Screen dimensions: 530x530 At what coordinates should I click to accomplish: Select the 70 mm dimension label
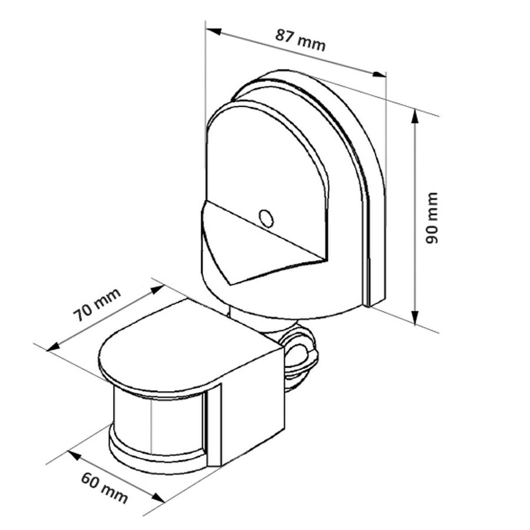97,304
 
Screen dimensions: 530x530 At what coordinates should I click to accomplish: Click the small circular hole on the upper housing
266,218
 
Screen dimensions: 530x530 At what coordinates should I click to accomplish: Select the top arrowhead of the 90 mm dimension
414,118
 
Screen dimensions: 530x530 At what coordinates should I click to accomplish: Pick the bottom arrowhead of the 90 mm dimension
414,317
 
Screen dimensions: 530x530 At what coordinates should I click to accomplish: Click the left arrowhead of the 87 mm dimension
214,31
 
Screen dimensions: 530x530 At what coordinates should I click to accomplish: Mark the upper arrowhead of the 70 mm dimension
157,289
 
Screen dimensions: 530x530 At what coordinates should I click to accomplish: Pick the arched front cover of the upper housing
265,159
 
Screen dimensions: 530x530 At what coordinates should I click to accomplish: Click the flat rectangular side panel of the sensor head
252,406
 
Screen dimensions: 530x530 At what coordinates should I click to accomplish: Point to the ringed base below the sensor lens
155,462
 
